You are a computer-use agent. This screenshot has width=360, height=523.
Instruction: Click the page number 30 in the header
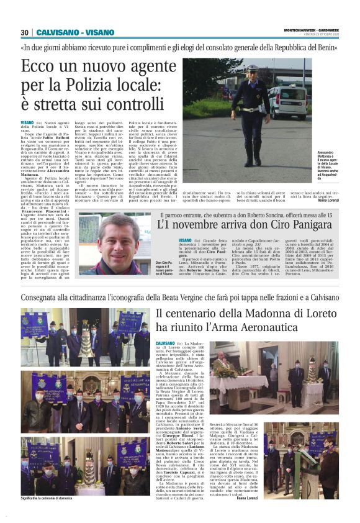pyautogui.click(x=24, y=32)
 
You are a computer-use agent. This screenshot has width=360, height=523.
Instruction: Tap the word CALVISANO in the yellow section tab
pyautogui.click(x=56, y=32)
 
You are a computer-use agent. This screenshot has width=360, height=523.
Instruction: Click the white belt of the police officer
pyautogui.click(x=251, y=109)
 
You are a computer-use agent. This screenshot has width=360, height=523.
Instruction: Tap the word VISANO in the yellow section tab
pyautogui.click(x=96, y=32)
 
